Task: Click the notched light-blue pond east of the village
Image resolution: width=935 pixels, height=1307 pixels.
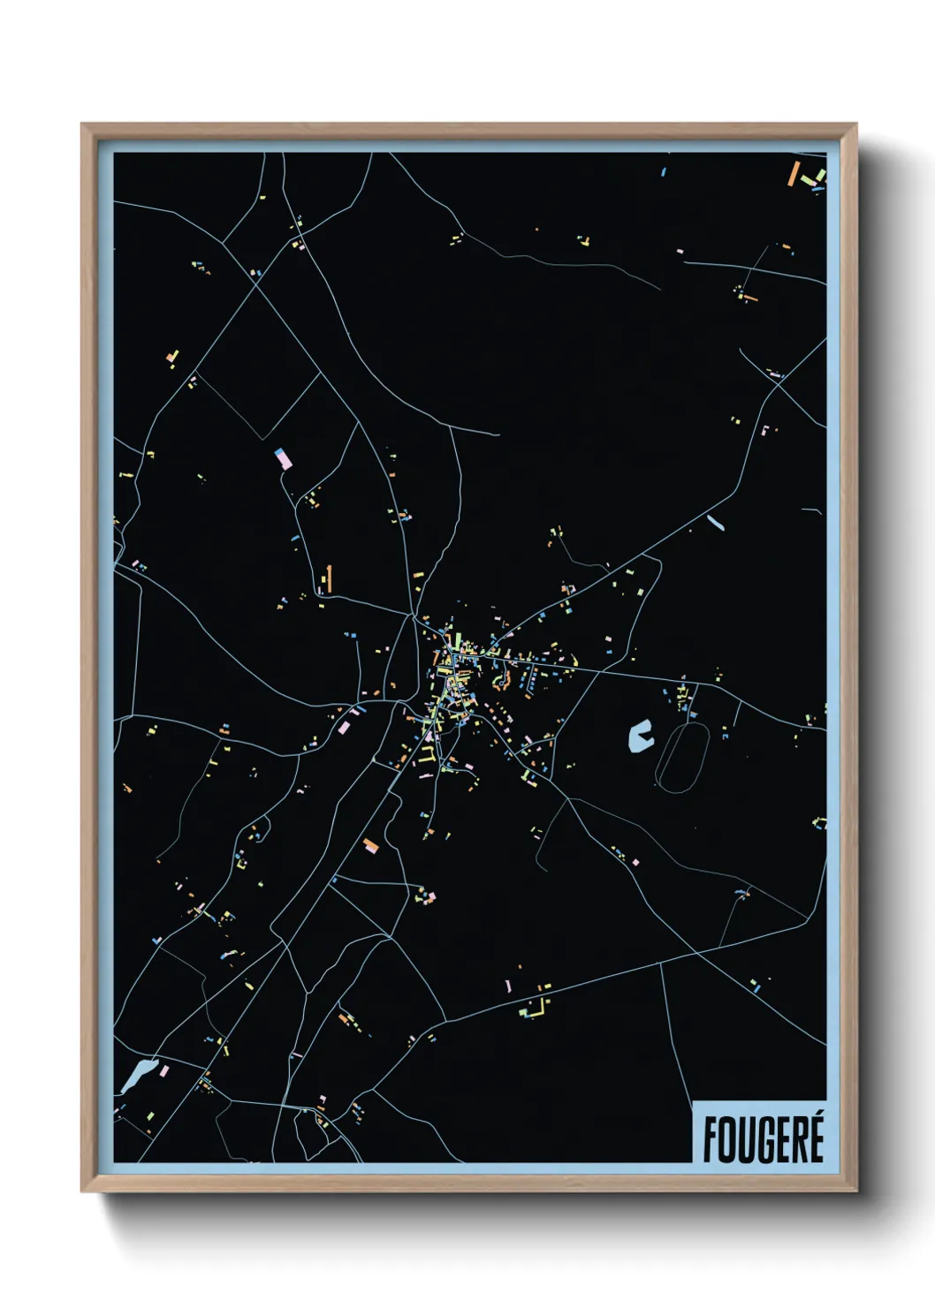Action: pyautogui.click(x=639, y=735)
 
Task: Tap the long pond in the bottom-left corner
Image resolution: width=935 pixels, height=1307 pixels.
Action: pyautogui.click(x=138, y=1076)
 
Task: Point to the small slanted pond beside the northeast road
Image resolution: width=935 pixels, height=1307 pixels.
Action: pyautogui.click(x=715, y=523)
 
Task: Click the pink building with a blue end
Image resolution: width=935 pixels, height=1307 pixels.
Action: pyautogui.click(x=284, y=458)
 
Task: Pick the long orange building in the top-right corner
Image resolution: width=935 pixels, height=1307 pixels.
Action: pyautogui.click(x=793, y=173)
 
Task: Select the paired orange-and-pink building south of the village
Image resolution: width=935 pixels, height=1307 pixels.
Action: pyautogui.click(x=370, y=846)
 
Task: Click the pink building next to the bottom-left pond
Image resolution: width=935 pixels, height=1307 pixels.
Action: pyautogui.click(x=163, y=1071)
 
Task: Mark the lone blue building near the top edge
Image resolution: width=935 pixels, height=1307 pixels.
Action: pyautogui.click(x=663, y=171)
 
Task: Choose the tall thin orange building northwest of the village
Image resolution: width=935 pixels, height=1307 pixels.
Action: pyautogui.click(x=329, y=578)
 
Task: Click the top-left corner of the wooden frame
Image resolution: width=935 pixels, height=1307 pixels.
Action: pyautogui.click(x=83, y=125)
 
